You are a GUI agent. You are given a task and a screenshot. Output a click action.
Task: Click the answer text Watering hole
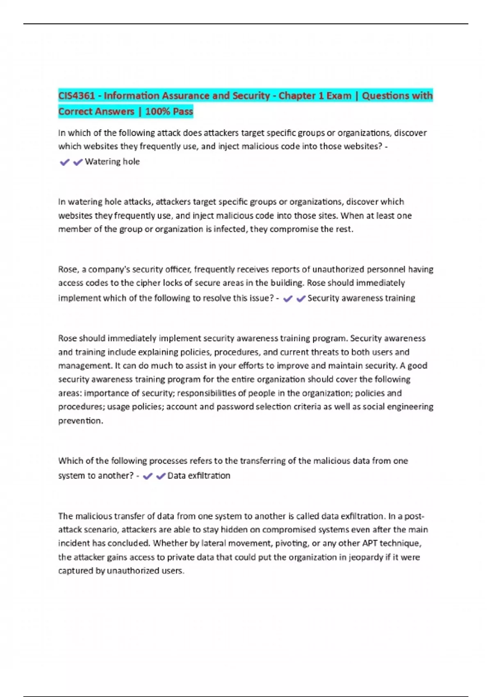click(x=112, y=162)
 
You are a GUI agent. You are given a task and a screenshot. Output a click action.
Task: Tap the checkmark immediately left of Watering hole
click(x=77, y=162)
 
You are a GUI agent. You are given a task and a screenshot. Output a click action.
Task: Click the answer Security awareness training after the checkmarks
click(x=361, y=298)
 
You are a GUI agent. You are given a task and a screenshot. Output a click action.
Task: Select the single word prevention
click(x=80, y=421)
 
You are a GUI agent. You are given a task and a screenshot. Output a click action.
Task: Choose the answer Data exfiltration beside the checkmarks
click(x=199, y=476)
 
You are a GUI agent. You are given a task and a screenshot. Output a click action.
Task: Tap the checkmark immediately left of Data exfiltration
click(x=161, y=476)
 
